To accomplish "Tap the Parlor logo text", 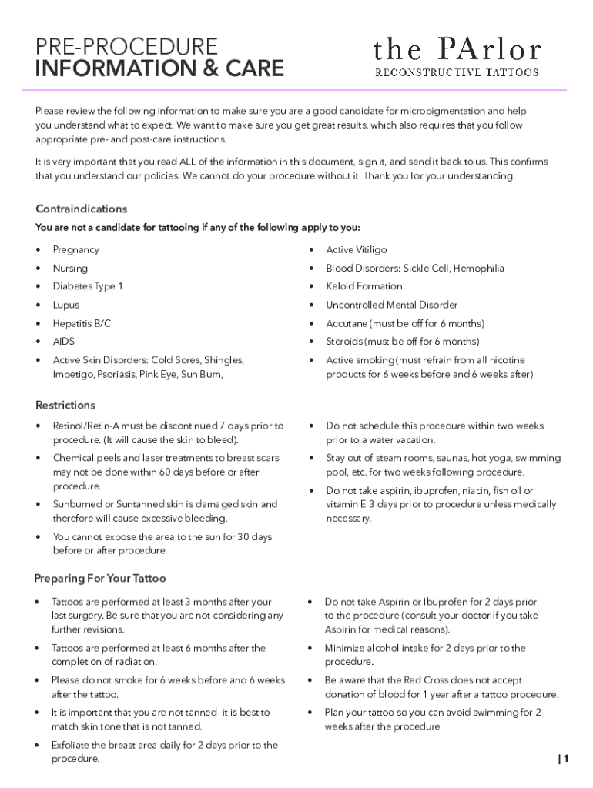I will pos(457,51).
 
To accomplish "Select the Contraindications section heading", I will pos(82,209).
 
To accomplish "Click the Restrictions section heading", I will pos(65,406).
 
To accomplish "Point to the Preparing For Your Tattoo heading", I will pos(100,578).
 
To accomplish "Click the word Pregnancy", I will pos(75,250).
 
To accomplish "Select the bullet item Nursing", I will pos(70,269).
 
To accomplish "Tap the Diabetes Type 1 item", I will pos(88,286).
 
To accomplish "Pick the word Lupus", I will pos(66,305).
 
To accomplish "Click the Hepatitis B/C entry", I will pos(82,324).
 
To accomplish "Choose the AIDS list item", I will pos(64,342).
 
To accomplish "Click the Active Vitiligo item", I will pos(357,250).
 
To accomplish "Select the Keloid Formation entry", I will pos(364,286).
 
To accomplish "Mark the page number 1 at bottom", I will pos(565,759).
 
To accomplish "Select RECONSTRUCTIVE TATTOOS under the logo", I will pos(457,73).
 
